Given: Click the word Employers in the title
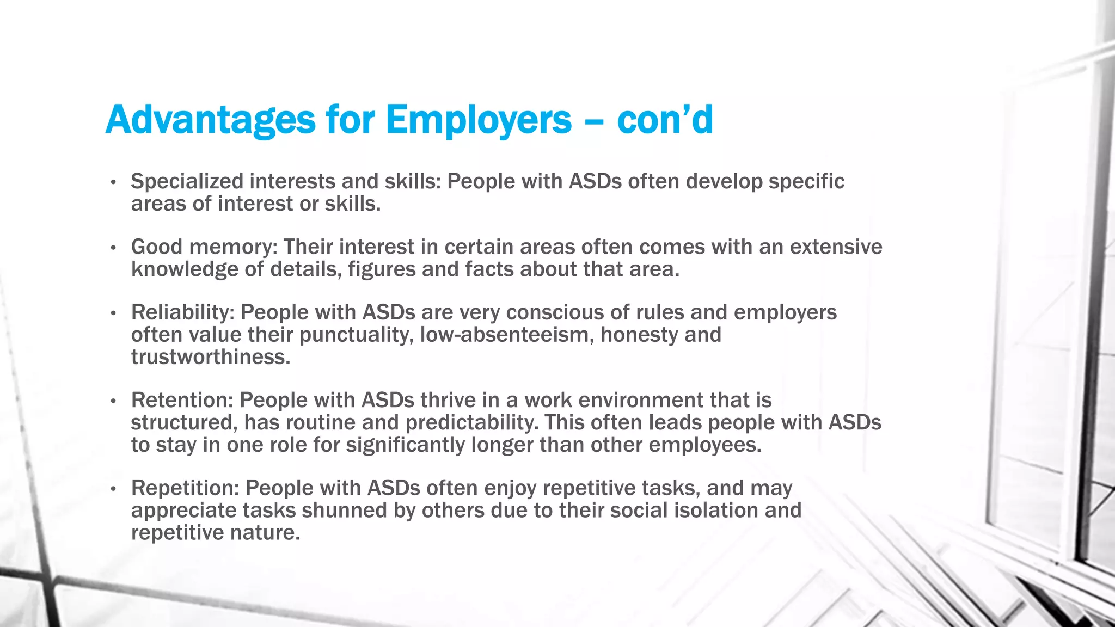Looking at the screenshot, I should pyautogui.click(x=479, y=120).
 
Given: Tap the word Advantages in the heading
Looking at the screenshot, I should pyautogui.click(x=210, y=120).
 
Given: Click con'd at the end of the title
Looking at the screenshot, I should pyautogui.click(x=665, y=120).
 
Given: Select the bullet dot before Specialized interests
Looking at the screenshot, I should pyautogui.click(x=113, y=182).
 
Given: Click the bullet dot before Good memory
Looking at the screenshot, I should pyautogui.click(x=113, y=248).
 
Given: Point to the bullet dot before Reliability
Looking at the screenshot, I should pyautogui.click(x=113, y=313).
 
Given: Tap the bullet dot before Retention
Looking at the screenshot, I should pyautogui.click(x=113, y=401).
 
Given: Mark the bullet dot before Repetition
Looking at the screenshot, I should pyautogui.click(x=113, y=489).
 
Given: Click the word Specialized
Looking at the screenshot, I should pyautogui.click(x=187, y=181).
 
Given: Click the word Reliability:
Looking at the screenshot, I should pyautogui.click(x=183, y=312).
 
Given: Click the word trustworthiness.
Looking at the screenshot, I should pyautogui.click(x=211, y=357).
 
